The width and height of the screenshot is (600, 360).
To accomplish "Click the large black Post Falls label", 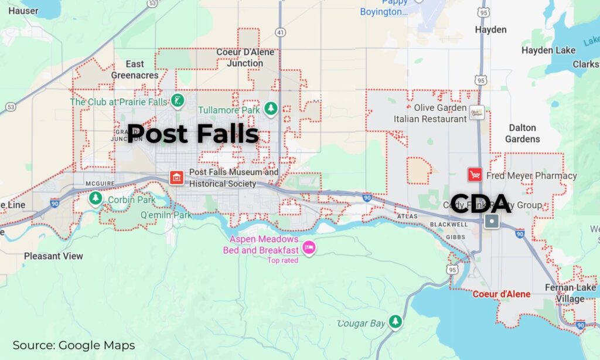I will coord(193,134).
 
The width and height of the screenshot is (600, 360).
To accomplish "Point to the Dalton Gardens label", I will coord(523,133).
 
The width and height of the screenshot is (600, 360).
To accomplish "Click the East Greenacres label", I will coord(135,69).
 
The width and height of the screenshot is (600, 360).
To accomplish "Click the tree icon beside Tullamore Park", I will coord(270,108).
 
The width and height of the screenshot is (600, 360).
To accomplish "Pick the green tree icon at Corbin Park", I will coord(96,199).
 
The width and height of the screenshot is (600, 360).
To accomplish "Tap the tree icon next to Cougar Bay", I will coord(396,321).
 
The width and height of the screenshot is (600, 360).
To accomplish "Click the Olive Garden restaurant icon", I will coord(478,113).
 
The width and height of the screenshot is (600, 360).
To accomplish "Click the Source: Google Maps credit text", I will coord(74,345).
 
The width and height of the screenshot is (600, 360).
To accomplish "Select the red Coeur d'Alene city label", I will coord(501,294).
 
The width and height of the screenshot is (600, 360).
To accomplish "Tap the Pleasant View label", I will coord(53,256).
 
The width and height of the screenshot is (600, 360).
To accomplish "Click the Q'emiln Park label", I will coord(166,215).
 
